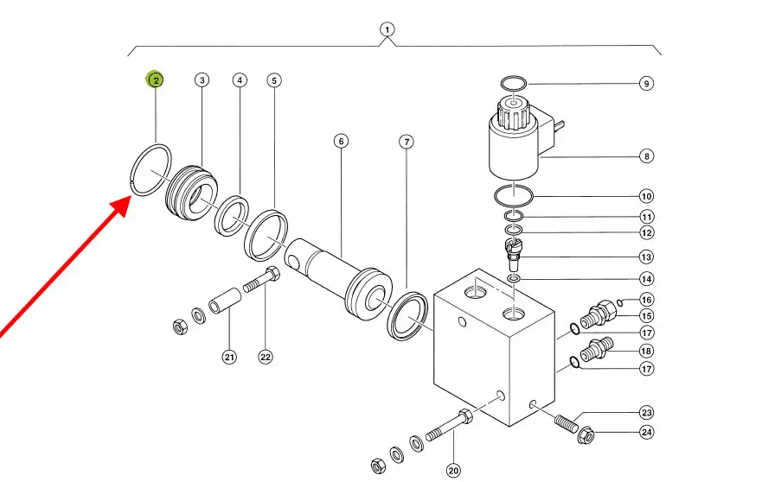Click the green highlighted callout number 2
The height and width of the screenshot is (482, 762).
[155, 80]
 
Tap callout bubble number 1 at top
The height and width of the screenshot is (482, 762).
[387, 29]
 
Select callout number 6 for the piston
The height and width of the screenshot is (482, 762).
[341, 141]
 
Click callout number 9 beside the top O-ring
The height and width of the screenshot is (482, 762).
[646, 84]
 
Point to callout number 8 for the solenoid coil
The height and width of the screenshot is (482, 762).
[646, 156]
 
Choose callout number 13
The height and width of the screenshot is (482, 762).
[646, 257]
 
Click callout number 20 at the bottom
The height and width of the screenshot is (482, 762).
[454, 470]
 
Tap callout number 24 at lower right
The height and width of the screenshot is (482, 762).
[646, 432]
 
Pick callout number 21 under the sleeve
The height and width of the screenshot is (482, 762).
[229, 357]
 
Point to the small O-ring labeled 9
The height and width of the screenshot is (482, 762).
[514, 83]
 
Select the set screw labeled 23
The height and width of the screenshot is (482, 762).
[563, 424]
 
